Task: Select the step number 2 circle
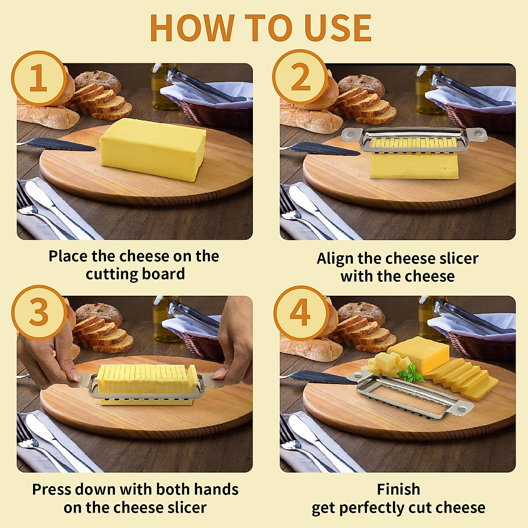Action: pos(301,78)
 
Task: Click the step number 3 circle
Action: pos(39,313)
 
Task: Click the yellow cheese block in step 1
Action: pos(152,149)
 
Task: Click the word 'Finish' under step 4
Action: pos(398,489)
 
